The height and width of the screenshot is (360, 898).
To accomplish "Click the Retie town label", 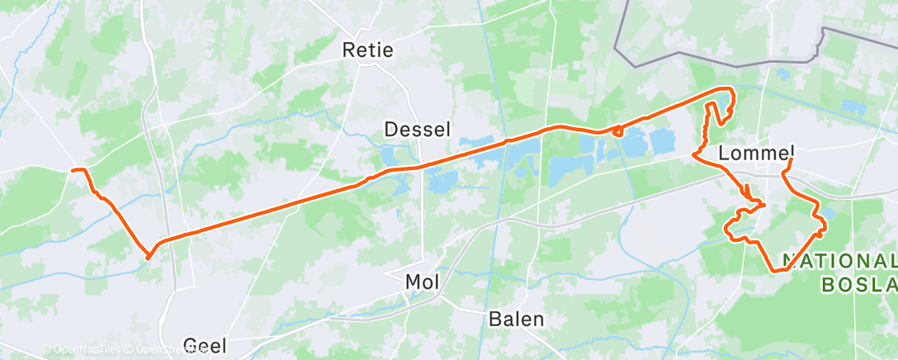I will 367,50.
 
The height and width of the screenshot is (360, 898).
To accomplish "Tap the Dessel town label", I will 418,129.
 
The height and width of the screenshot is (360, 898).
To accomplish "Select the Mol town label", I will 423,282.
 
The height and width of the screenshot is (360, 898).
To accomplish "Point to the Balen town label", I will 516,319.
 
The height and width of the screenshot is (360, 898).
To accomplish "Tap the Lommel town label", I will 756,153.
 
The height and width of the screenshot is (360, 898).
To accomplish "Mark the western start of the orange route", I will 73,170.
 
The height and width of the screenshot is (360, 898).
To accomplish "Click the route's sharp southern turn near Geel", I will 148,257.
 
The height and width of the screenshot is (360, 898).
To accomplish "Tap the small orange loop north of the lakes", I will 617,130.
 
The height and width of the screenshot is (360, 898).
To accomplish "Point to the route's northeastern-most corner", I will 730,89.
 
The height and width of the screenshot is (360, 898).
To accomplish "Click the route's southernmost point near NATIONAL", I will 774,271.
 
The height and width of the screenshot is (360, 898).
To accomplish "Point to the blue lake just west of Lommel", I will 663,142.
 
